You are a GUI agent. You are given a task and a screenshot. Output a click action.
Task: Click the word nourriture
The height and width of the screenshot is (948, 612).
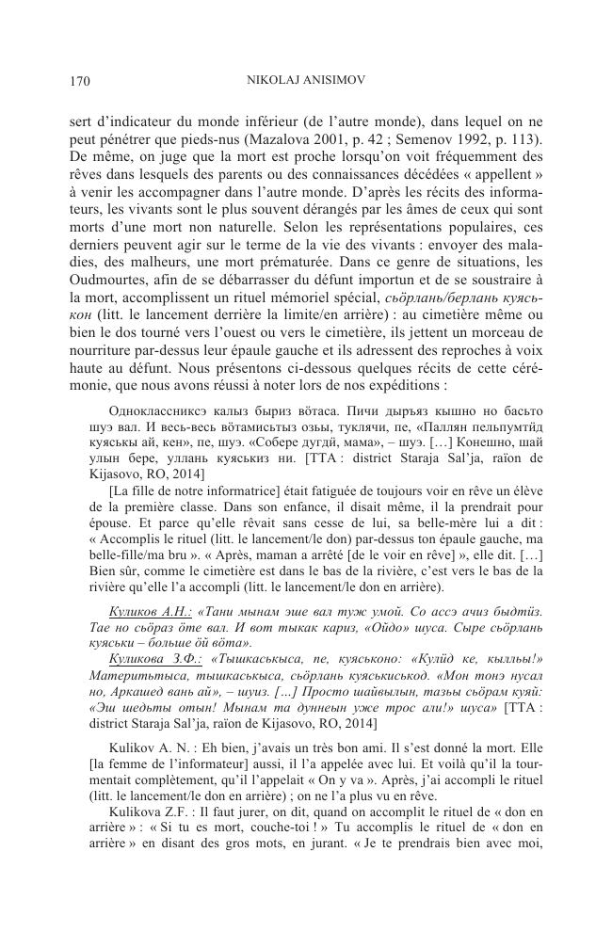[x=102, y=360]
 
